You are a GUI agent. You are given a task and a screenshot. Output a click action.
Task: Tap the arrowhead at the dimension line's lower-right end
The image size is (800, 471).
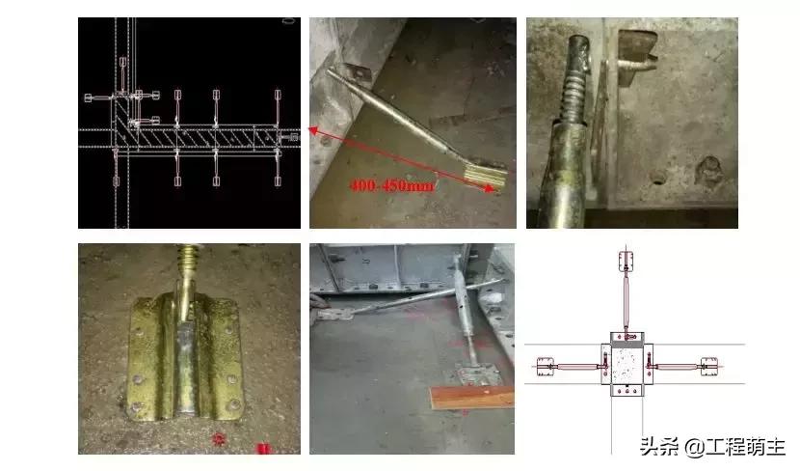click(493, 192)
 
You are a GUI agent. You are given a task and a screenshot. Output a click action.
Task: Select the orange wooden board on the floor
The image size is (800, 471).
click(467, 395)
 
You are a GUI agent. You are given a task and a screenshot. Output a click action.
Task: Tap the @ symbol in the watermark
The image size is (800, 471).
click(694, 446)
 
